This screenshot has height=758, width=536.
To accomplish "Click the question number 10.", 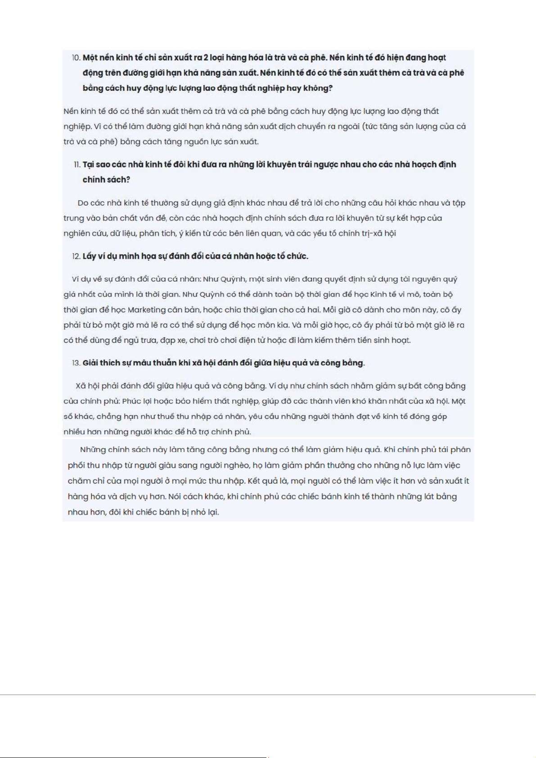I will point(76,58).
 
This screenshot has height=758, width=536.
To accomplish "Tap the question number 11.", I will point(77,165).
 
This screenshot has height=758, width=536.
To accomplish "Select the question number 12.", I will point(76,256).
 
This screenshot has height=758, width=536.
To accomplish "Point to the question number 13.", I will point(76,363).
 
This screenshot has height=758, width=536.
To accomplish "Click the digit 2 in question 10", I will point(206,58).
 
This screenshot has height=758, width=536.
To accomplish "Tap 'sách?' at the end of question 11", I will point(119,180).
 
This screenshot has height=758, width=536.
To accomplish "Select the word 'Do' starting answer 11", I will point(83,203).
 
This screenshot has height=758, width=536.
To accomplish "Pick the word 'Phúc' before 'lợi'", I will point(131,401).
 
